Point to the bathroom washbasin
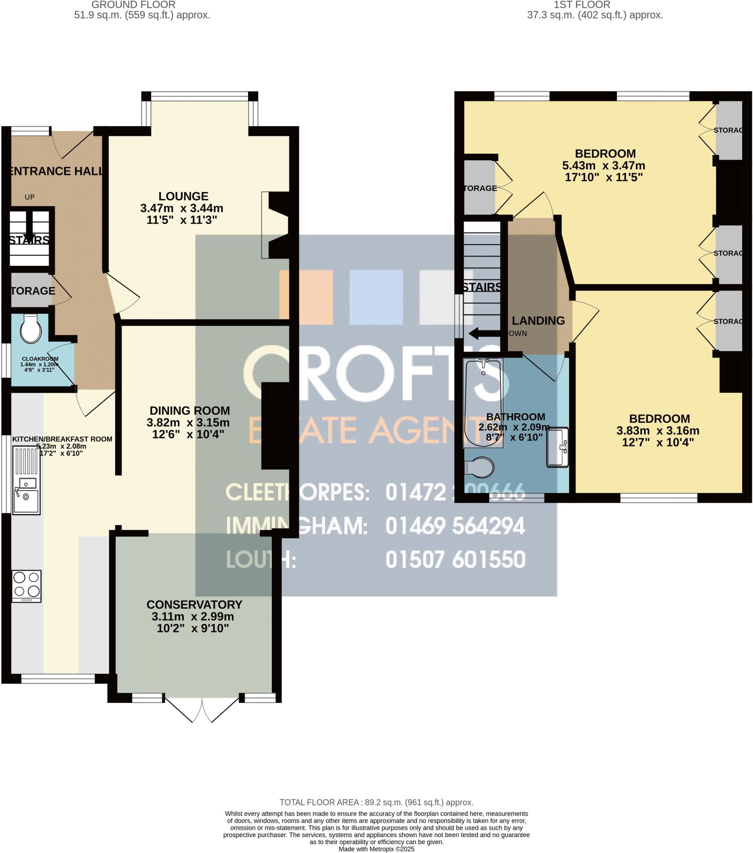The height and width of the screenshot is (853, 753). tap(558, 447)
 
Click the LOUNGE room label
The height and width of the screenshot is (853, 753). tap(183, 196)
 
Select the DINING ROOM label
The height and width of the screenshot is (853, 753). tap(190, 411)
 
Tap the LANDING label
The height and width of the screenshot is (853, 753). tap(538, 321)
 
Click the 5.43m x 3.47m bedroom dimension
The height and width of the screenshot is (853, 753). tap(604, 166)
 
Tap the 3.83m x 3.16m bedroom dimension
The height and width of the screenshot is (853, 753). tap(658, 431)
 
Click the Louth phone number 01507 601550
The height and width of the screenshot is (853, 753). tap(455, 560)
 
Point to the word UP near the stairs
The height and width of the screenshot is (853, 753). tap(29, 197)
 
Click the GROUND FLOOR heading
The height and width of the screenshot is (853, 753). tap(133, 5)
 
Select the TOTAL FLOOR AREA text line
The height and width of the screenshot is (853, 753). tap(376, 802)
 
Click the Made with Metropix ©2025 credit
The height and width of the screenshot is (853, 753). tap(376, 849)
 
